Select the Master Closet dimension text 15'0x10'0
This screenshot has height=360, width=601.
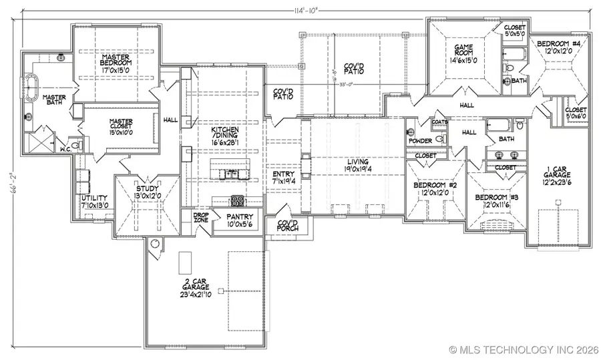122,132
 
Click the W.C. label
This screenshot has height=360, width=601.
65,149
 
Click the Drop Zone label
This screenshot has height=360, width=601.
201,218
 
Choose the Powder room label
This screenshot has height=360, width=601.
420,141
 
